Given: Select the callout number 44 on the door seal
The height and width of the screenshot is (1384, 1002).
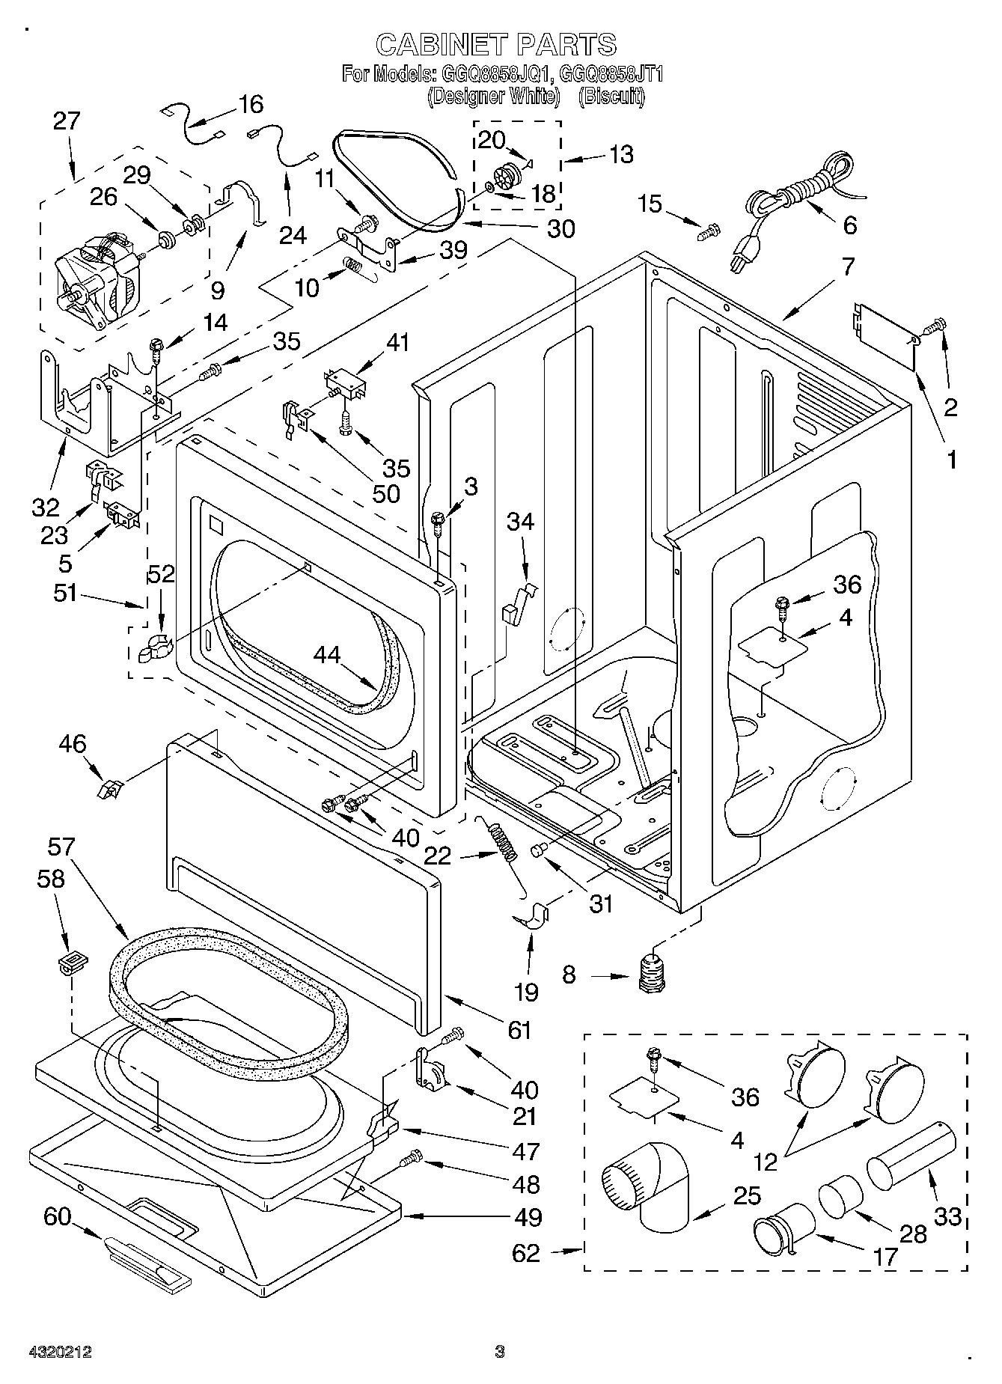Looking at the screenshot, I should (327, 655).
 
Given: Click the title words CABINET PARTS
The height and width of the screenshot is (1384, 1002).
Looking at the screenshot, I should (496, 44).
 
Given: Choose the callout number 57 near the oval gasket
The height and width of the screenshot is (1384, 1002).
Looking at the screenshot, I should (61, 847).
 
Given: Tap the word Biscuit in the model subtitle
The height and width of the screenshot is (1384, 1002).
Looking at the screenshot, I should (611, 96).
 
